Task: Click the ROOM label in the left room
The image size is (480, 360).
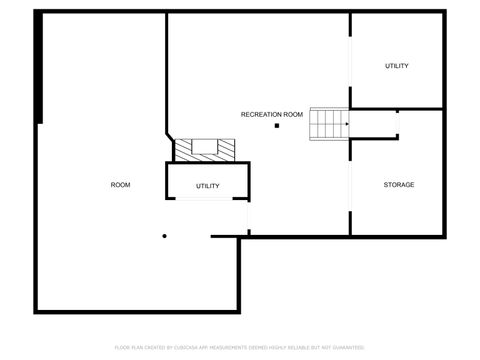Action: click(120, 185)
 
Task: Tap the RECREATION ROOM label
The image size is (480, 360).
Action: click(272, 115)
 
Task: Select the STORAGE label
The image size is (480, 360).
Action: click(399, 185)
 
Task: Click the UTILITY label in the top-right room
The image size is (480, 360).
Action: click(397, 66)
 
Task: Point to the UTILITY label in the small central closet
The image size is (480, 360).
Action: click(207, 186)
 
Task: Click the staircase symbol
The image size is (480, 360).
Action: click(328, 124)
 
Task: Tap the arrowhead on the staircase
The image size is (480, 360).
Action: click(346, 124)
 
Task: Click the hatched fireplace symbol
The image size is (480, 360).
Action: click(206, 149)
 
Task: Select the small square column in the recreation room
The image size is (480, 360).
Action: click(276, 126)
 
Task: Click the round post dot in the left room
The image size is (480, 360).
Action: click(164, 237)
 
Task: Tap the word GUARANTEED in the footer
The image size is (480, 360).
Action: click(347, 347)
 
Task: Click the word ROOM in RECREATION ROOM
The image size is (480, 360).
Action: click(292, 115)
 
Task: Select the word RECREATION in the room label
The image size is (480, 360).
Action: click(260, 115)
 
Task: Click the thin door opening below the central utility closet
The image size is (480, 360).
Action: click(207, 200)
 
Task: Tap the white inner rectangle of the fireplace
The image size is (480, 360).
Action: click(206, 146)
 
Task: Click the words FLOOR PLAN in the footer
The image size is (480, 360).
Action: click(127, 347)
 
